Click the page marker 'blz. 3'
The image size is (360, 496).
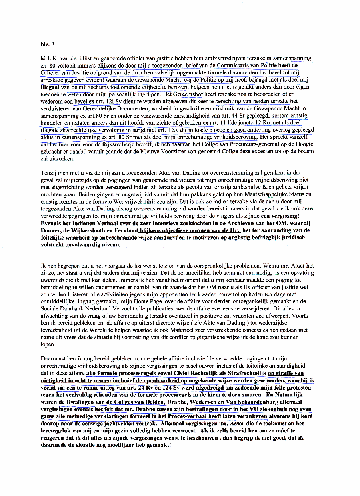(48, 44)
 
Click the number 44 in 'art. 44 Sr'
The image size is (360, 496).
(234, 116)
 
